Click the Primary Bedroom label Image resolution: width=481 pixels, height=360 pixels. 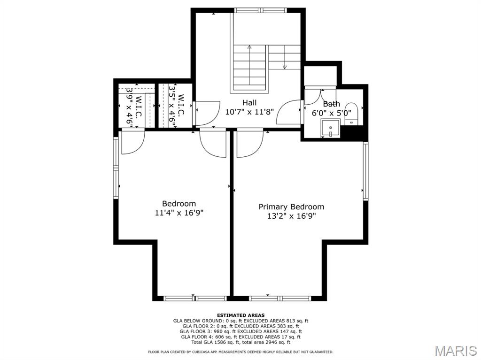point(291,207)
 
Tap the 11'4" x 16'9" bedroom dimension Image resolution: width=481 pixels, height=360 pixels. point(179,213)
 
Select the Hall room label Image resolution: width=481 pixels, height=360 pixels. point(249,102)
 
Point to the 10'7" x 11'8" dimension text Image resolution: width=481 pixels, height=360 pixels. point(249,112)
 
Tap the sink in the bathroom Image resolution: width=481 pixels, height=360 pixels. point(330,128)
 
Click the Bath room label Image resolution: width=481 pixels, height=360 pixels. point(331,104)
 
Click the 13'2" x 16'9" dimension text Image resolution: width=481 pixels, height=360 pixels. point(291,216)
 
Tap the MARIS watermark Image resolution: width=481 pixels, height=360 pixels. point(456,351)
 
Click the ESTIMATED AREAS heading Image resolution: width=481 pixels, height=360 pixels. point(241,315)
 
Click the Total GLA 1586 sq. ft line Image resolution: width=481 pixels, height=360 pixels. point(241,342)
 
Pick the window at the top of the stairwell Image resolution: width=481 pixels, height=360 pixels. point(261,10)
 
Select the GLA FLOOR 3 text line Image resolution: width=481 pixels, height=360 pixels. point(241,331)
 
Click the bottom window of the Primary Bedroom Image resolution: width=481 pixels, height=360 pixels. point(280,299)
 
